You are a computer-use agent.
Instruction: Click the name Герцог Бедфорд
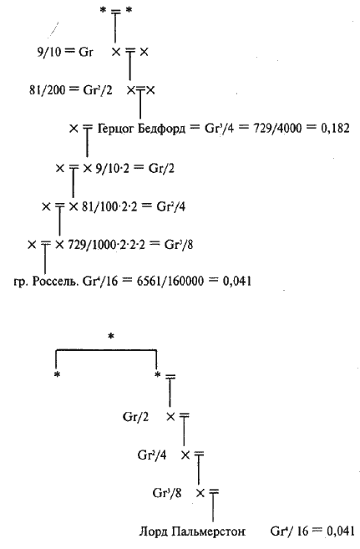click(141, 129)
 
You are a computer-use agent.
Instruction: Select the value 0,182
click(335, 129)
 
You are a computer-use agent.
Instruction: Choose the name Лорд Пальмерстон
click(192, 531)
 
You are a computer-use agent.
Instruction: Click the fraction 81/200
click(48, 90)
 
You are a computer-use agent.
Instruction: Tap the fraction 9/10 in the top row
click(49, 52)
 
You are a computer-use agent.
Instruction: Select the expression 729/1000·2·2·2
click(106, 244)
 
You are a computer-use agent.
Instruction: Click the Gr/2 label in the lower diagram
click(136, 417)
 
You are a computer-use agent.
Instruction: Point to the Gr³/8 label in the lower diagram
click(167, 493)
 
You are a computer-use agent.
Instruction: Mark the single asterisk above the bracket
click(111, 337)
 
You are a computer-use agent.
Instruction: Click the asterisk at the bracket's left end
click(57, 375)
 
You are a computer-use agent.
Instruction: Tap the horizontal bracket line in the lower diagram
click(106, 349)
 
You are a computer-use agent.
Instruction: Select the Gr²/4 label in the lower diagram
click(152, 455)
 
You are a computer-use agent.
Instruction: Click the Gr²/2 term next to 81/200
click(98, 90)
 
